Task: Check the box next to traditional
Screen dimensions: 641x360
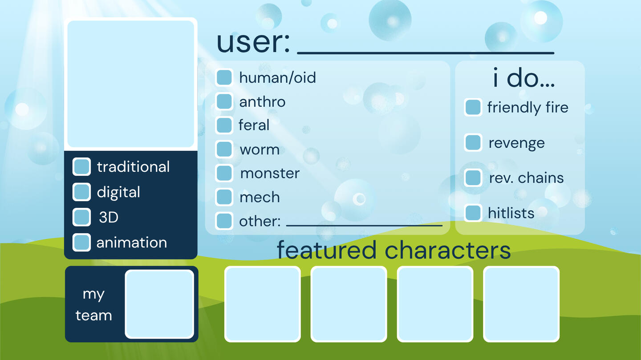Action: (81, 166)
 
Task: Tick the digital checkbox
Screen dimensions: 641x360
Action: (81, 192)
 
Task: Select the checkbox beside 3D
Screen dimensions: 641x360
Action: (81, 217)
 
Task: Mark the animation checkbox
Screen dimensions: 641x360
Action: (81, 243)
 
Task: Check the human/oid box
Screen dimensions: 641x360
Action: (224, 77)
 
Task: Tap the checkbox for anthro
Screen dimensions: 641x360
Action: (224, 101)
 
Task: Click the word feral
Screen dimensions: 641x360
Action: (254, 125)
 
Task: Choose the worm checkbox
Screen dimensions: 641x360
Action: (224, 149)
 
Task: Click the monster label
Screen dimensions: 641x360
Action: (270, 174)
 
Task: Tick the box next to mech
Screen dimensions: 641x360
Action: (224, 197)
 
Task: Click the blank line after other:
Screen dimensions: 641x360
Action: (364, 225)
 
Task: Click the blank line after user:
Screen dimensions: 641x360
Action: (426, 53)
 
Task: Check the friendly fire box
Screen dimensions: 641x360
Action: (473, 107)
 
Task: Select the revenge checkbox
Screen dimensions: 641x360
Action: (473, 142)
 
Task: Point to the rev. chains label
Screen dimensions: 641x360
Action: (526, 178)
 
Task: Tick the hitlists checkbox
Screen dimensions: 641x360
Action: (473, 213)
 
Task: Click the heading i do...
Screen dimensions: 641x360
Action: (523, 77)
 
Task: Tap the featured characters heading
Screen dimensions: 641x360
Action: (394, 250)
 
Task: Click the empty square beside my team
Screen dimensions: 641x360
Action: (159, 304)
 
